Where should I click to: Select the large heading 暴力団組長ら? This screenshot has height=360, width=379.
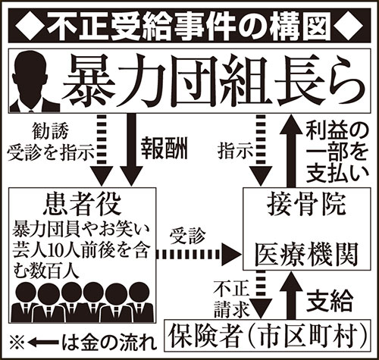click(x=214, y=81)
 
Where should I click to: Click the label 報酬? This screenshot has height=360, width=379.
click(x=164, y=149)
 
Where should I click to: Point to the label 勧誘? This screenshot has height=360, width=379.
click(x=50, y=131)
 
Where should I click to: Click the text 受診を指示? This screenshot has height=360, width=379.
click(x=51, y=152)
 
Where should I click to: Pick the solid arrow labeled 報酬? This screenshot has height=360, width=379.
click(x=131, y=150)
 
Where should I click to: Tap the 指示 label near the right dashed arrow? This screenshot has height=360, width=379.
click(x=236, y=152)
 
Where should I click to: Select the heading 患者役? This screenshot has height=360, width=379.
click(x=82, y=205)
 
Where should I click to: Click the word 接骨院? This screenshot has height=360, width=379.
click(x=306, y=206)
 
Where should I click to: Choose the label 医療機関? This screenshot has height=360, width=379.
click(x=306, y=255)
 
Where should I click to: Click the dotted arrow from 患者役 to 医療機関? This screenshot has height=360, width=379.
click(x=198, y=255)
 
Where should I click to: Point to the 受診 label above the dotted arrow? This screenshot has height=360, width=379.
click(x=187, y=236)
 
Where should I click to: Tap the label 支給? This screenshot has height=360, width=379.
click(x=330, y=301)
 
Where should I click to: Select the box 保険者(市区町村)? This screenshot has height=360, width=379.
click(x=268, y=336)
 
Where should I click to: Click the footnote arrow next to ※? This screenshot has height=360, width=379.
click(x=43, y=343)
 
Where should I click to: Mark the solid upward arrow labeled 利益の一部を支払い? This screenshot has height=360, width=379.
click(x=291, y=151)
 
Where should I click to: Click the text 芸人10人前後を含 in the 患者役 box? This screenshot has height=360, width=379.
click(x=80, y=251)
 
